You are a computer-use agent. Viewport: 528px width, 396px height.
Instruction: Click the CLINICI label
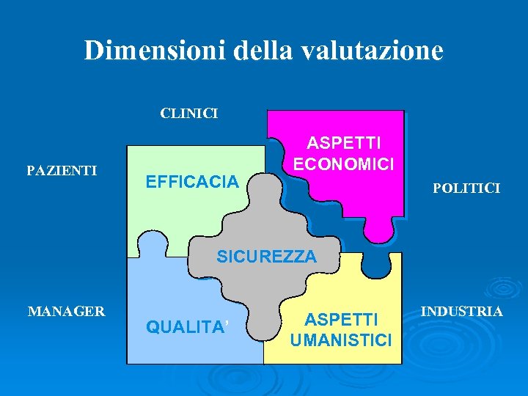click(189, 114)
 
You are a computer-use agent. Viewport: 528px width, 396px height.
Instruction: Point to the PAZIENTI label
click(62, 171)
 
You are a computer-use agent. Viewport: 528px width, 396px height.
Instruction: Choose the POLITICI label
click(466, 188)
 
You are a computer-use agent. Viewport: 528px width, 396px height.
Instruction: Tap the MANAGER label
click(66, 312)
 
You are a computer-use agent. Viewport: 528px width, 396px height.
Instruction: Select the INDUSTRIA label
click(461, 312)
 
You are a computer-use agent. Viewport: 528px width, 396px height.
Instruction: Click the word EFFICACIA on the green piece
click(193, 180)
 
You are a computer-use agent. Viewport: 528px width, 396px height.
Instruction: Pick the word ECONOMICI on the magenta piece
click(344, 163)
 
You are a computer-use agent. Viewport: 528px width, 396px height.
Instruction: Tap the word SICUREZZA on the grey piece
click(267, 257)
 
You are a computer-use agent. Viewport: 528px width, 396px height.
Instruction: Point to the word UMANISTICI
click(341, 340)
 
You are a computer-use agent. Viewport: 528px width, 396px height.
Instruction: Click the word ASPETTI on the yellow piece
click(341, 320)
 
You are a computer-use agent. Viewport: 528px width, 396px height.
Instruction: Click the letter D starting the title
click(93, 50)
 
